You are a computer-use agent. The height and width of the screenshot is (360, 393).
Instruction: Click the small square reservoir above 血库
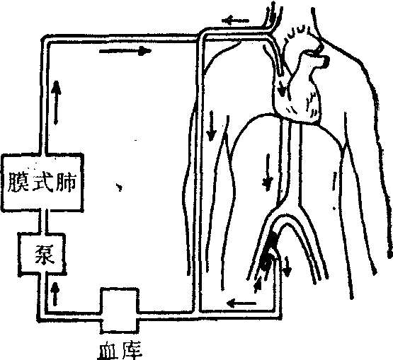pos(120,310)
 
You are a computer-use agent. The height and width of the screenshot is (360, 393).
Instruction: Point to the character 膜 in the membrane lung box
pos(19,182)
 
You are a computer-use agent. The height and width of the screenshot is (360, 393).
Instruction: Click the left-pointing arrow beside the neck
pos(235,20)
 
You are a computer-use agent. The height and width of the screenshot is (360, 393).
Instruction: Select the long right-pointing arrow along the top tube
pos(125,51)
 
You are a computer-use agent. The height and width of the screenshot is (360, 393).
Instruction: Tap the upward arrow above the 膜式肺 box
pos(56,103)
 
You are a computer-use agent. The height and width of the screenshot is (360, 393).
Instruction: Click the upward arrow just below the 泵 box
pos(55,294)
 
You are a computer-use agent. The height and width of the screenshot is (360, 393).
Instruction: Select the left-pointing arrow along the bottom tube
pos(241,303)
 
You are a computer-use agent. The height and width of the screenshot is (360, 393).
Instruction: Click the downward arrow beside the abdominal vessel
pos(268,173)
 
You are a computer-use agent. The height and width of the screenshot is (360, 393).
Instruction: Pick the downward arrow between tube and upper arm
pos(212,126)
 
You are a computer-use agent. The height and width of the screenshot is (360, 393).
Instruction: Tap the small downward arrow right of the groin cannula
pos(287,266)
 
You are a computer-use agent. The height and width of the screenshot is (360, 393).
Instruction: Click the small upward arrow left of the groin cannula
pos(258,284)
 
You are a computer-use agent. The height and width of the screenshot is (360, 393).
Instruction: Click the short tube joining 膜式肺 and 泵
pos(42,223)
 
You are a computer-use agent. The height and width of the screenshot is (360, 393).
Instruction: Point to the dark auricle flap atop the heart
pos(325,61)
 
